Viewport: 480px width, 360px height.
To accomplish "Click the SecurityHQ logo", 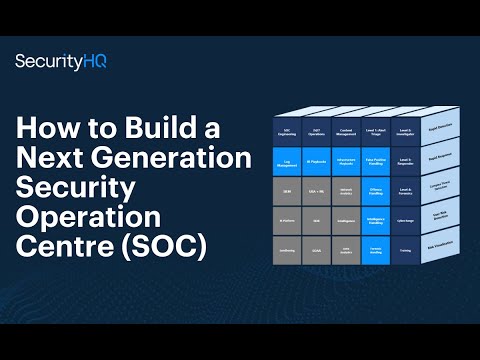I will click(x=61, y=61).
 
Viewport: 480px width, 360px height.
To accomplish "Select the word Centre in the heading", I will click(x=64, y=246).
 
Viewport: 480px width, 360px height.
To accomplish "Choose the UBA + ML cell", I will click(x=316, y=190).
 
